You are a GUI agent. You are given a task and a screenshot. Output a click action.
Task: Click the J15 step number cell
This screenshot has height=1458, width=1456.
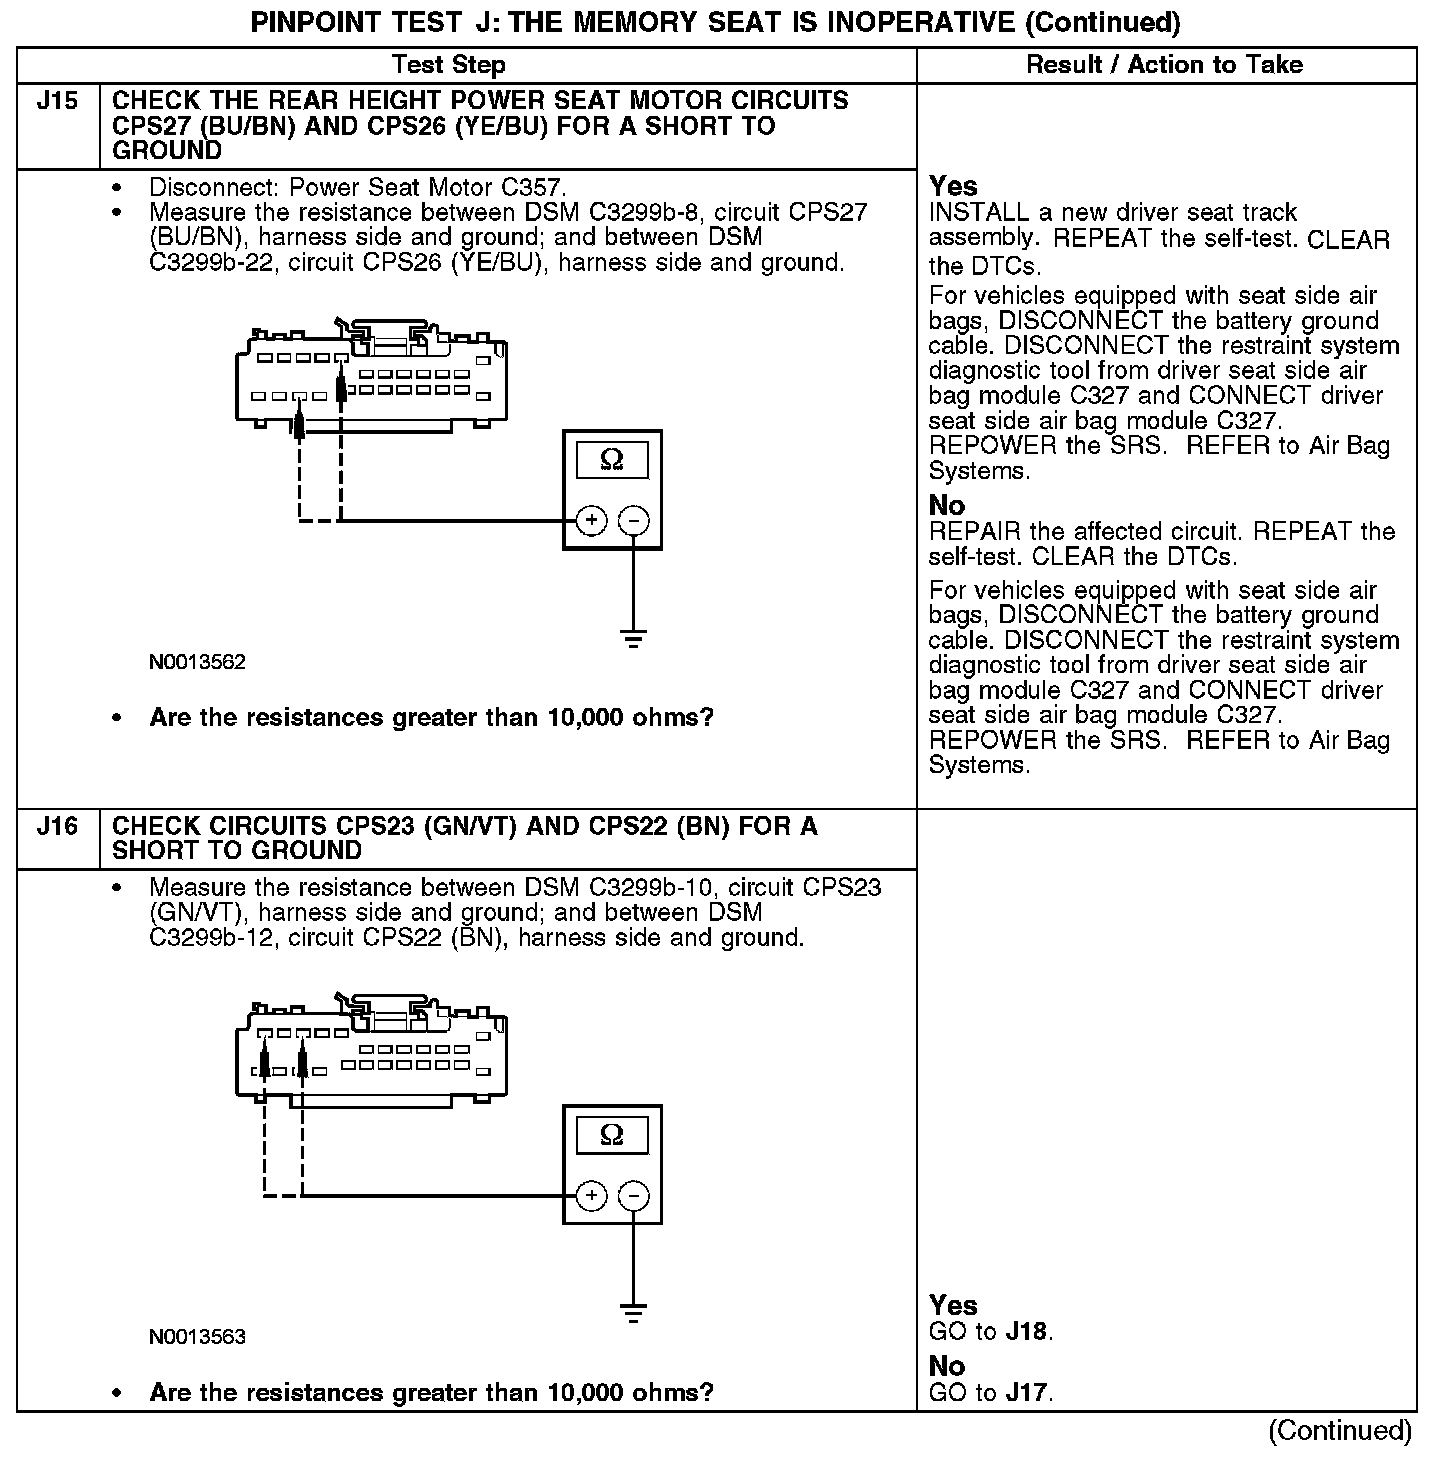(x=57, y=101)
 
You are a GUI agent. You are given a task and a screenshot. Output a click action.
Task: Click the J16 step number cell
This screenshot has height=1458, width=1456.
(x=57, y=826)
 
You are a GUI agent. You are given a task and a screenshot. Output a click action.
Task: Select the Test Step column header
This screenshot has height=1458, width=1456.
(x=449, y=65)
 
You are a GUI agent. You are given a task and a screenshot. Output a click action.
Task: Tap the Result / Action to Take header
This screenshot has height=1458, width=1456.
(x=1165, y=65)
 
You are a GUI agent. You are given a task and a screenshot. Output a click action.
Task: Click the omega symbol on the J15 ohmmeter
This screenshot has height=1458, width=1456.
(x=612, y=460)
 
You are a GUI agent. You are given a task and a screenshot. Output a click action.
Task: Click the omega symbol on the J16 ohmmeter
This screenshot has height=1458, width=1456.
(x=612, y=1135)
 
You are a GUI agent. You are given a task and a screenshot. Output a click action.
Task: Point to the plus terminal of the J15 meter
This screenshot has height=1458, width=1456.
(x=592, y=520)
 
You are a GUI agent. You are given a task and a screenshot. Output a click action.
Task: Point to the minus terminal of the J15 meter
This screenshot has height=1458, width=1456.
(x=633, y=520)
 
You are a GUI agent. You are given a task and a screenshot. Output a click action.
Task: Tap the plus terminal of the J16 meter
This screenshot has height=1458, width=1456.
(x=592, y=1195)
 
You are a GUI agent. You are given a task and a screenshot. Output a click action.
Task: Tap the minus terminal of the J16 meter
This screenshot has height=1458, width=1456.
(x=633, y=1195)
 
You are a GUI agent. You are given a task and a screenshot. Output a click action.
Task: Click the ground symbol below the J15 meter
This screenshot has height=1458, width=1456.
(x=633, y=637)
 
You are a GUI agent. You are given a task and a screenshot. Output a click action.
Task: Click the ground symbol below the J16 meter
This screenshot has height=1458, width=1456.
(x=633, y=1312)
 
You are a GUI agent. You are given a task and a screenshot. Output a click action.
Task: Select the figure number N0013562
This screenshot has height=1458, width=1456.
(x=197, y=662)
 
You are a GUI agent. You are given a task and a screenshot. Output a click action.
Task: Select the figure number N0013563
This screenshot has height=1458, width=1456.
(x=197, y=1337)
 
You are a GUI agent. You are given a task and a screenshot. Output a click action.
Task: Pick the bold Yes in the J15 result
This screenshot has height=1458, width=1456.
(x=953, y=186)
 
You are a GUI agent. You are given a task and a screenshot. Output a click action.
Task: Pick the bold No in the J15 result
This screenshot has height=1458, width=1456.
(x=947, y=505)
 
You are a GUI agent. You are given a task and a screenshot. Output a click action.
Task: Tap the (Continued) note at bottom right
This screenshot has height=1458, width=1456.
(x=1340, y=1431)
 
